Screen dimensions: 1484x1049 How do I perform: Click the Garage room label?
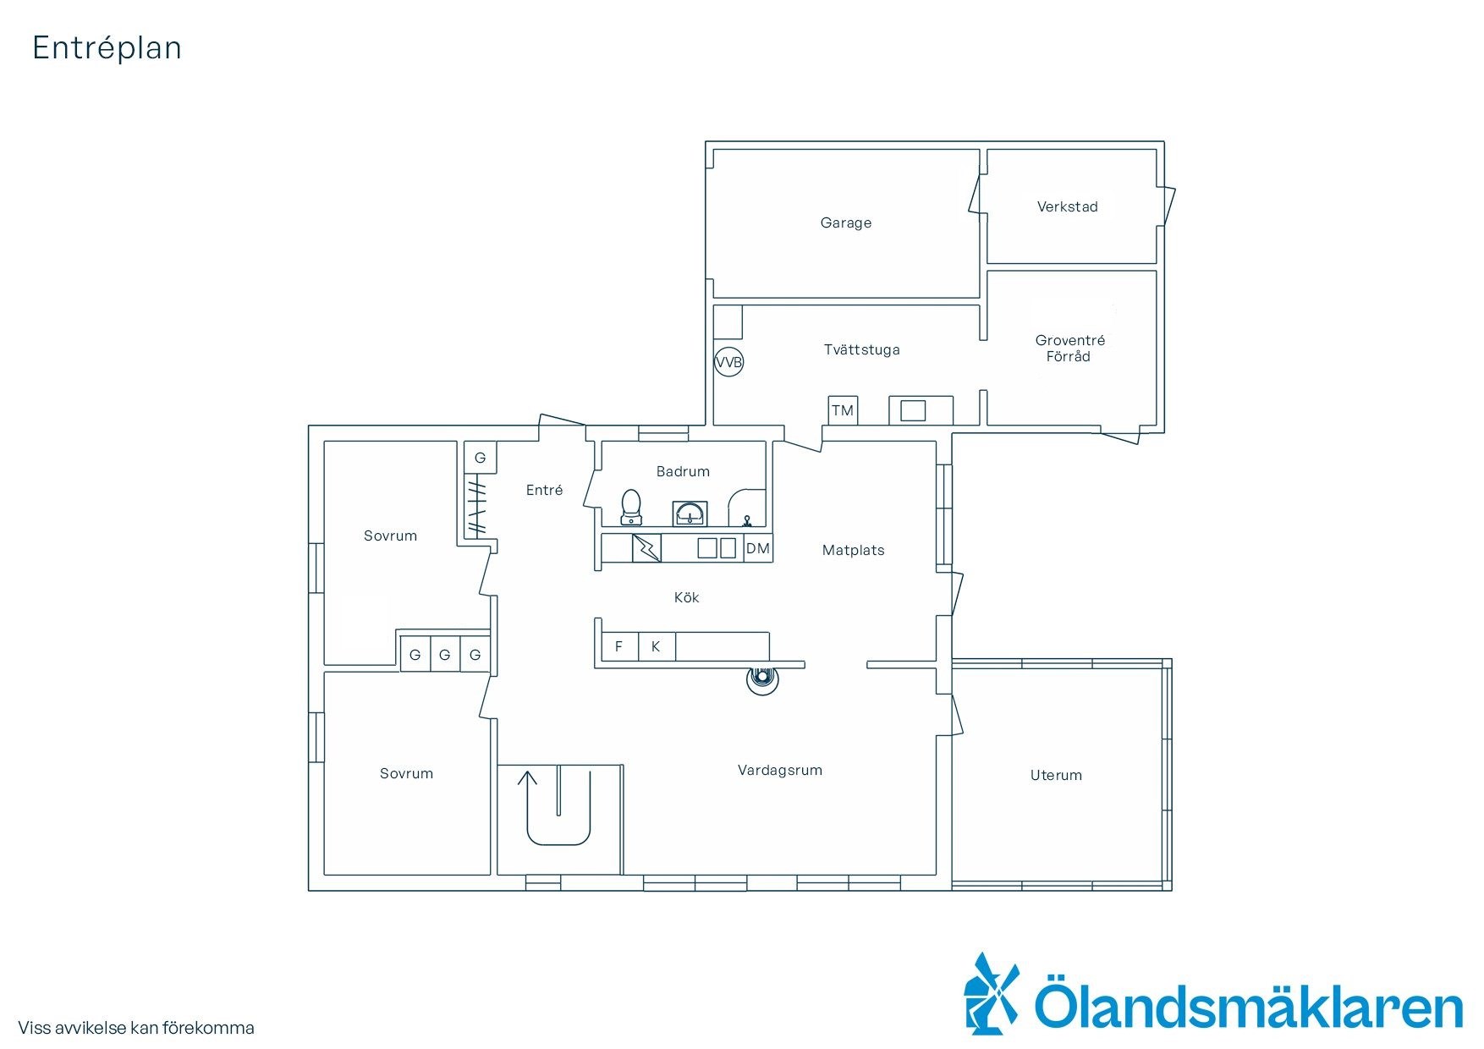click(845, 222)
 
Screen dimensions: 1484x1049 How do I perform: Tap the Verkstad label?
click(1067, 206)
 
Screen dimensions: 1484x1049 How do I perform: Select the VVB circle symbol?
click(728, 363)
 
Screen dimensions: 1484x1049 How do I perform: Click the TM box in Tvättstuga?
click(843, 410)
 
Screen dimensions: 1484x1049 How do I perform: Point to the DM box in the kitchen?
click(758, 548)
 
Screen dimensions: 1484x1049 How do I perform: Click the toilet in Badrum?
click(631, 508)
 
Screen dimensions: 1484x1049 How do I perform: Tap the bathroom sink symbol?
click(690, 514)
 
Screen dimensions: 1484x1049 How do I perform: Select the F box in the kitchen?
click(619, 646)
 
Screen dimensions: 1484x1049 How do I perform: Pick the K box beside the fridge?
click(657, 646)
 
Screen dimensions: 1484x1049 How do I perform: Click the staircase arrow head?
click(527, 776)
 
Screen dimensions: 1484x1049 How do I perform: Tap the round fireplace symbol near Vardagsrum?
click(762, 678)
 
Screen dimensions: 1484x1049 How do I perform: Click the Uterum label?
click(1056, 775)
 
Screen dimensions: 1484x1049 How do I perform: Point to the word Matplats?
click(853, 550)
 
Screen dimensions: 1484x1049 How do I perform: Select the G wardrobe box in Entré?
click(480, 458)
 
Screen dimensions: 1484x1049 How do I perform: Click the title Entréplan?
click(107, 48)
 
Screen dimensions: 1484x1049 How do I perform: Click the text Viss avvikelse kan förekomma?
click(136, 1028)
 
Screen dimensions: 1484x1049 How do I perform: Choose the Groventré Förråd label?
click(1069, 349)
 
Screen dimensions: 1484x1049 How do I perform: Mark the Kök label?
click(686, 597)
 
